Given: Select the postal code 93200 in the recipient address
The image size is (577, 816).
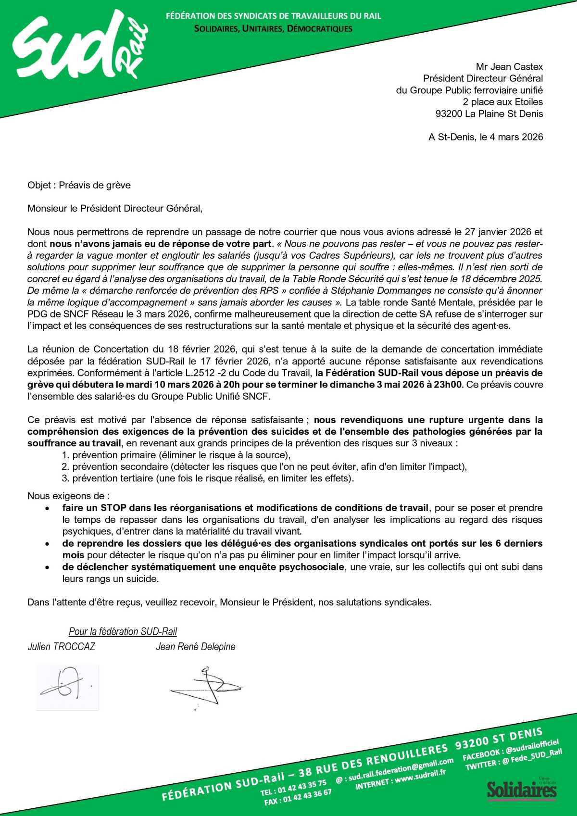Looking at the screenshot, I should [x=449, y=114].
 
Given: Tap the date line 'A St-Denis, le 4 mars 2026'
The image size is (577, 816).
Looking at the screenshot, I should [x=486, y=137].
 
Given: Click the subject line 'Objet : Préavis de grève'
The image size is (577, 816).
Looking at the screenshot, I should [x=79, y=185].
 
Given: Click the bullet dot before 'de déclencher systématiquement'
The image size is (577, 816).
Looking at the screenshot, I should [x=47, y=567].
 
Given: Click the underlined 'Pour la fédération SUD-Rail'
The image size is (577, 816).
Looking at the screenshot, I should [x=123, y=631].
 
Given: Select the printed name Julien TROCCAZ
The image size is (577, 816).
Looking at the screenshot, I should [x=61, y=647].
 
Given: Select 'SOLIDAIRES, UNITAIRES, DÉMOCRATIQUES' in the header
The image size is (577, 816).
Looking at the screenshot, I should [x=273, y=29].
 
